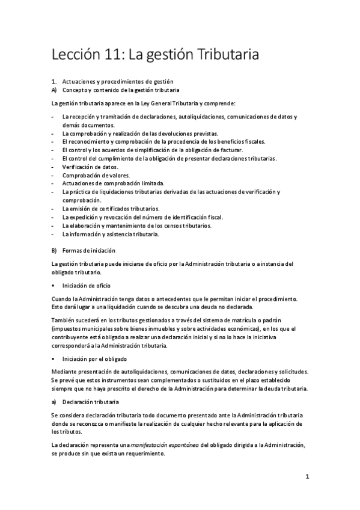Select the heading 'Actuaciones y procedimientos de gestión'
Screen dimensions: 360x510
click(x=117, y=81)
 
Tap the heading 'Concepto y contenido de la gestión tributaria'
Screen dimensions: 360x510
click(x=121, y=90)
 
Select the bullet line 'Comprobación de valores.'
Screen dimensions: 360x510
click(x=96, y=175)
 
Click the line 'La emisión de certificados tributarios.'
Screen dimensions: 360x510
click(x=111, y=209)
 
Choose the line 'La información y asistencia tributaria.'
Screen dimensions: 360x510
click(x=110, y=234)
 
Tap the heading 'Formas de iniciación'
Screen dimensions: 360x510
click(x=88, y=250)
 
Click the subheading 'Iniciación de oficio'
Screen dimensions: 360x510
click(x=86, y=285)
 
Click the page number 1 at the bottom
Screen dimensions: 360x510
click(x=307, y=477)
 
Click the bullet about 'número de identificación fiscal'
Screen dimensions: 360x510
click(x=142, y=217)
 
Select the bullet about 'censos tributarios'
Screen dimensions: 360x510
click(x=136, y=226)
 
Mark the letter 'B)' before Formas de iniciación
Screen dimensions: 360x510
click(x=54, y=250)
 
